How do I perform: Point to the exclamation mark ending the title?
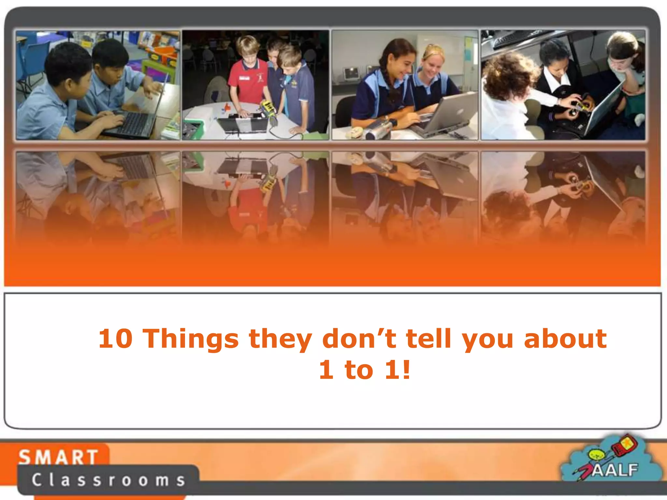point(406,370)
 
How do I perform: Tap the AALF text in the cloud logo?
point(615,470)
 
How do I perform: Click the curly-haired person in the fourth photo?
point(508,81)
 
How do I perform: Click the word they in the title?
point(280,339)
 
